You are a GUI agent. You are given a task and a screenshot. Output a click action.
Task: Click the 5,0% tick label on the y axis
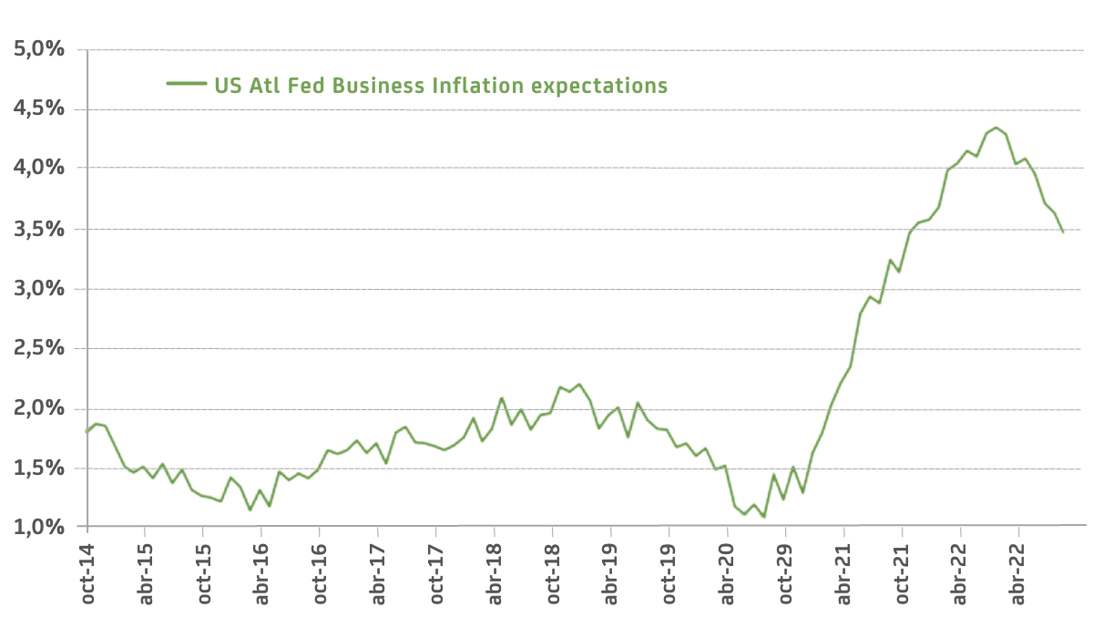[39, 49]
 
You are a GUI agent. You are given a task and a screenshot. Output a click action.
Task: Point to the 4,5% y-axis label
[39, 109]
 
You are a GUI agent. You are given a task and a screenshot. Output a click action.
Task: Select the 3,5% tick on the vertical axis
[39, 229]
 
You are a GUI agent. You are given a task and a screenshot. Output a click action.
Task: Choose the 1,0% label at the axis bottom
[39, 527]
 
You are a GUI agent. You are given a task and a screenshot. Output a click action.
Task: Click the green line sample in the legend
[186, 84]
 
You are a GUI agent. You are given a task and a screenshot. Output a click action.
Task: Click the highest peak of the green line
[996, 128]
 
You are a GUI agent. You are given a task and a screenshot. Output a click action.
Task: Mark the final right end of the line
[1063, 232]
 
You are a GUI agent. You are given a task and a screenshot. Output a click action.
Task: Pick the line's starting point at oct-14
[87, 431]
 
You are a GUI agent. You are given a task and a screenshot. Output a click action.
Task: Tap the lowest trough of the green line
[763, 517]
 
